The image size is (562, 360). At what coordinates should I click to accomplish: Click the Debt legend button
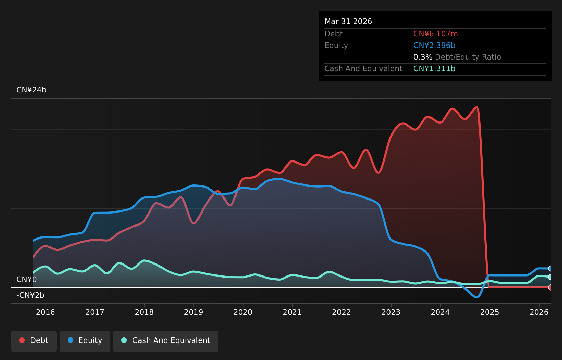34,342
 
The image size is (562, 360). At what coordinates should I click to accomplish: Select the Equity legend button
85,342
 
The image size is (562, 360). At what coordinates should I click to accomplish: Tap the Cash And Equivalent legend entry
166,342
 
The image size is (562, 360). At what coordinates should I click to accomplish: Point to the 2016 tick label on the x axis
46,312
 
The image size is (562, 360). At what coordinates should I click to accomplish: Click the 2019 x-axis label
193,312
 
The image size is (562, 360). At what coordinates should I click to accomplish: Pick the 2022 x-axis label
342,312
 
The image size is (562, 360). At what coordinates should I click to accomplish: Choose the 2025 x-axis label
489,312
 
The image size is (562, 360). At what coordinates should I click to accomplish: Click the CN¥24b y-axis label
31,90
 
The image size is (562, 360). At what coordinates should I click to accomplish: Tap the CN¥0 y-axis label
27,280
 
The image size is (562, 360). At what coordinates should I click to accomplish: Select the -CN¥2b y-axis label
30,295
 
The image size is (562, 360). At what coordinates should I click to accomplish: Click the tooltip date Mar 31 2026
348,22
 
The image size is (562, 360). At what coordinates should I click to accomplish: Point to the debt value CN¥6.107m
436,34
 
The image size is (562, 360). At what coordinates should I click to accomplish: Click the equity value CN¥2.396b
434,46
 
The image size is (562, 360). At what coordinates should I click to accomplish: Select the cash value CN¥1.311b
434,69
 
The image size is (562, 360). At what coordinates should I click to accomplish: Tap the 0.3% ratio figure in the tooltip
423,57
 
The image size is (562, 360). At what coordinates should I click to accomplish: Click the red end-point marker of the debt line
550,287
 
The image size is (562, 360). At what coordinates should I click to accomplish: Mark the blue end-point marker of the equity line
550,268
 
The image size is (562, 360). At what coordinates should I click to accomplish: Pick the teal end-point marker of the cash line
550,277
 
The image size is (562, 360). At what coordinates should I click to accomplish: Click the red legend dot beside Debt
22,340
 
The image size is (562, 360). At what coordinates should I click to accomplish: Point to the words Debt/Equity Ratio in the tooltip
468,57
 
